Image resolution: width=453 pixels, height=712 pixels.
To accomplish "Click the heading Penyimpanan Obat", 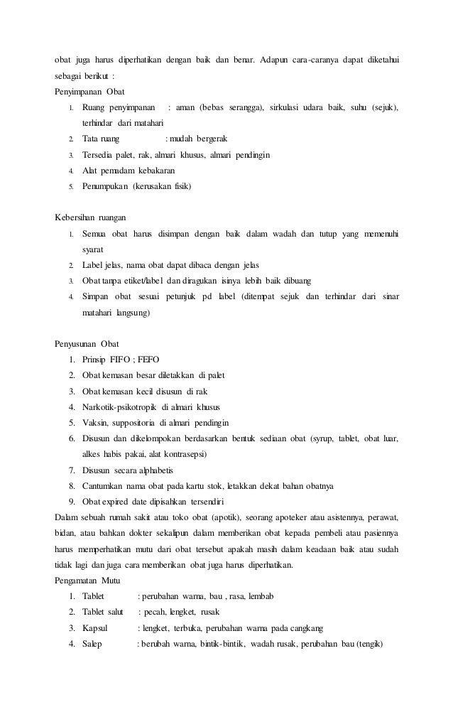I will click(x=89, y=92).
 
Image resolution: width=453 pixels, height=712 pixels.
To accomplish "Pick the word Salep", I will click(x=93, y=644).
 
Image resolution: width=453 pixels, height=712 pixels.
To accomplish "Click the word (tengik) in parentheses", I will click(x=369, y=644).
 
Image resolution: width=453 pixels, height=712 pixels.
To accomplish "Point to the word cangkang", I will click(x=306, y=628).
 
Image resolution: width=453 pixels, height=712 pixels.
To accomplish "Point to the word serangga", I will click(x=244, y=107).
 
